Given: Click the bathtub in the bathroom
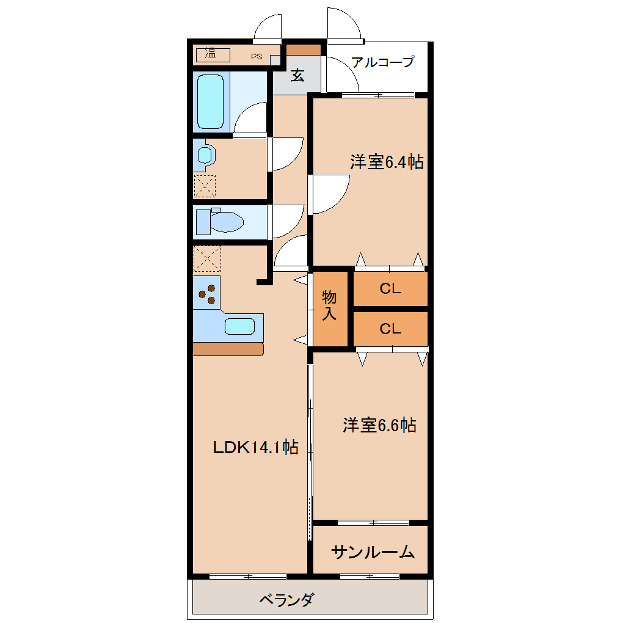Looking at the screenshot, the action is tap(210, 102).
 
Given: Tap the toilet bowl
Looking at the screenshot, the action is tap(225, 222).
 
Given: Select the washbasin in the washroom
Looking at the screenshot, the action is tap(205, 155).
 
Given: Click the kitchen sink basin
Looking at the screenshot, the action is tap(239, 326).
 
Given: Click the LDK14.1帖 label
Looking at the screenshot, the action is tap(255, 447).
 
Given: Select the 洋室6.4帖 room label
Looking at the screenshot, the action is tap(387, 162).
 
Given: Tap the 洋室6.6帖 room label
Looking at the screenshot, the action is tap(379, 425).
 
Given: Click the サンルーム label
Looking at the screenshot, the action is tap(373, 552).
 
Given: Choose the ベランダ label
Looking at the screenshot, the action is tap(287, 599).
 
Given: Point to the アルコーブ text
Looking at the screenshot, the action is tap(382, 62).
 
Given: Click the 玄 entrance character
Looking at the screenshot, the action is tap(297, 75).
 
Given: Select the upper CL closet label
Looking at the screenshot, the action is tap(390, 288).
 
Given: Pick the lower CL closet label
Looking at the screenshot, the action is tap(390, 329).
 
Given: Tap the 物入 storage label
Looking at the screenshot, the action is tap(329, 305).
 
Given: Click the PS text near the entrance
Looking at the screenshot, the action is tap(257, 56).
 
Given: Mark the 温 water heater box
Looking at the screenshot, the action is tap(213, 55).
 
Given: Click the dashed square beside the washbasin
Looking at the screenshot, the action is tap(205, 186).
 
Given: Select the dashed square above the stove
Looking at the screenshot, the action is tap(207, 258).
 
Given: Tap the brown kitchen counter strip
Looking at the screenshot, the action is tap(228, 349).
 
